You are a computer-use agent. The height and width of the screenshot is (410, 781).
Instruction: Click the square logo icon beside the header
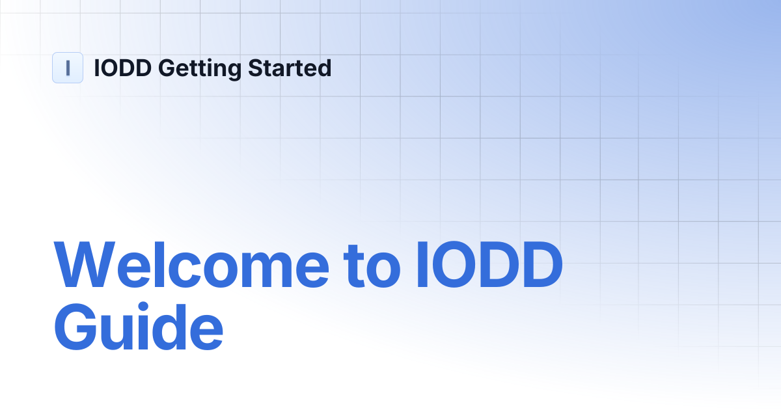pos(68,68)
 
